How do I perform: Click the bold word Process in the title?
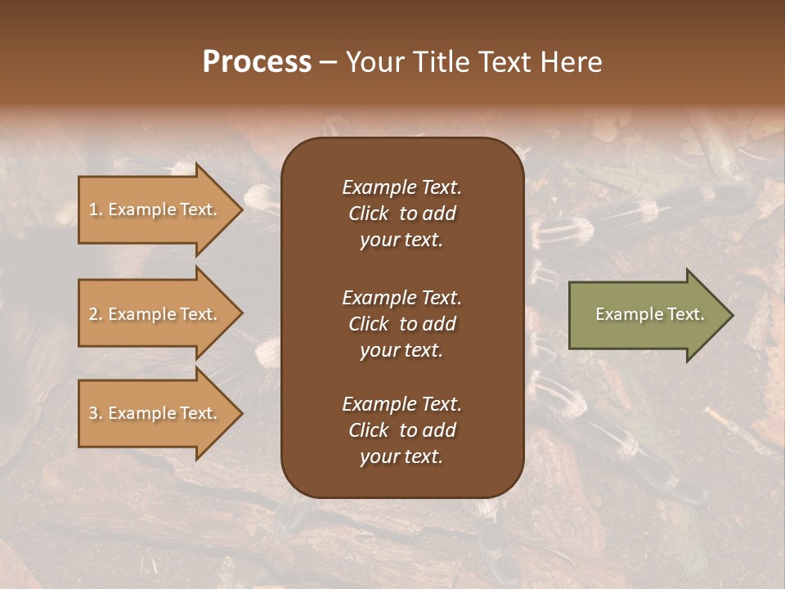257,61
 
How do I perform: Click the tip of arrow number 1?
240,209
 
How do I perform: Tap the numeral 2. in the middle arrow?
96,314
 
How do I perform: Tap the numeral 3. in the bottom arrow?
96,413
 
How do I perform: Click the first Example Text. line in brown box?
401,187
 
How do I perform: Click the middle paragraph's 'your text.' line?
401,350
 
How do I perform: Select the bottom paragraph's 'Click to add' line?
401,430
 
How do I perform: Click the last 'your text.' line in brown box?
401,457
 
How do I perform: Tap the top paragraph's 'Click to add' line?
401,214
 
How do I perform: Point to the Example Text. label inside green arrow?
650,314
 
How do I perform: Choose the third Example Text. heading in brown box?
401,404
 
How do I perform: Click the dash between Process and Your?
328,63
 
